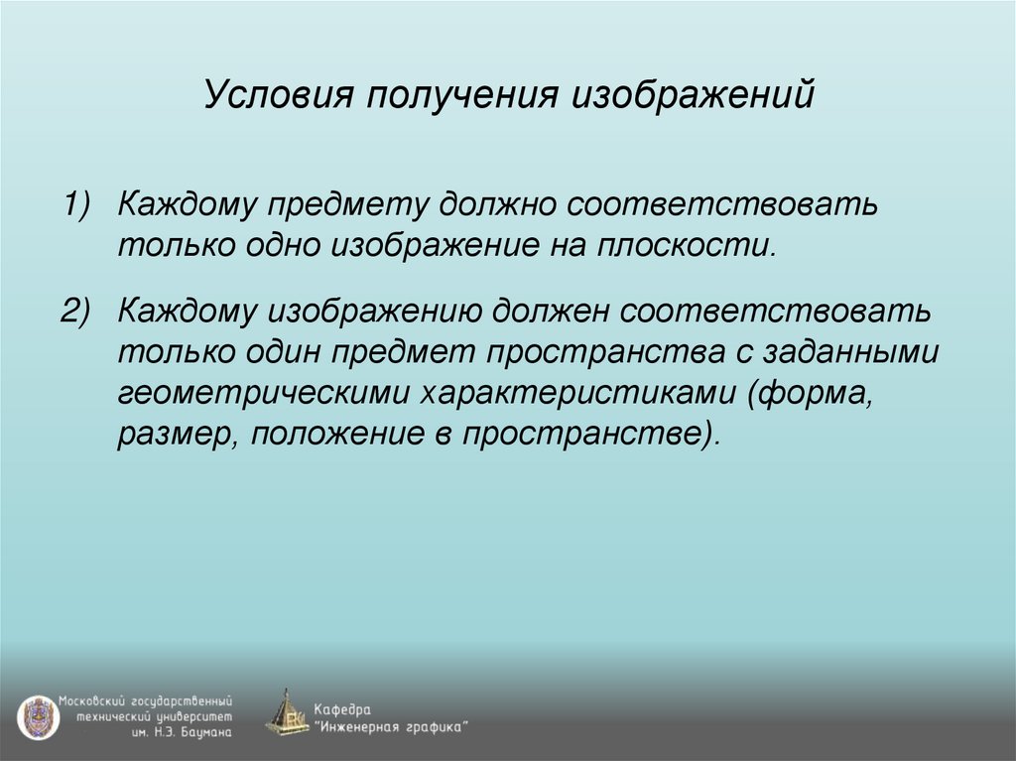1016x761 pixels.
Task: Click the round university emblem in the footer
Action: [37, 715]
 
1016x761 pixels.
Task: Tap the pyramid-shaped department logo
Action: [287, 712]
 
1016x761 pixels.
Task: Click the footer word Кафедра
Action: [342, 709]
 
